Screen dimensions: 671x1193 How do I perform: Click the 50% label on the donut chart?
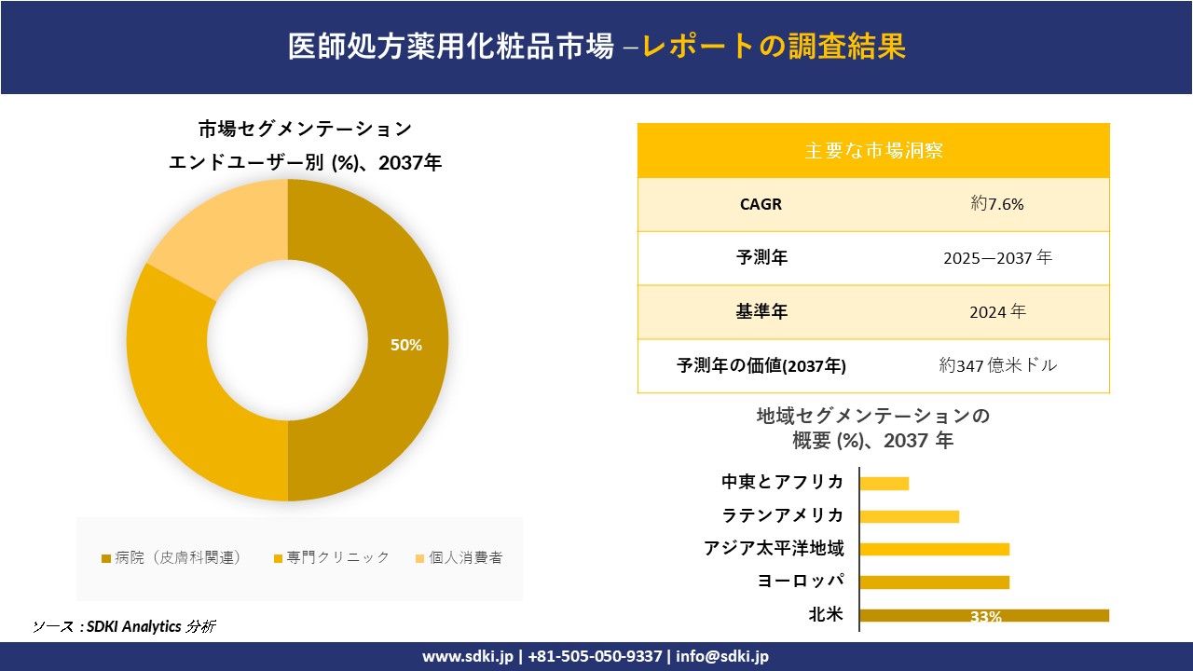click(x=406, y=345)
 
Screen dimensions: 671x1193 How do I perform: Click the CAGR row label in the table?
click(x=761, y=204)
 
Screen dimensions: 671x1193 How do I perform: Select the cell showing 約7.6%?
click(x=997, y=204)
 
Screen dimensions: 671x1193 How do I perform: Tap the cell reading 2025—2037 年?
click(x=997, y=258)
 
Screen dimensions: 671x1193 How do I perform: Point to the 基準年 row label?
click(x=761, y=312)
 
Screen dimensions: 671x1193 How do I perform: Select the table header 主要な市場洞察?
click(x=873, y=150)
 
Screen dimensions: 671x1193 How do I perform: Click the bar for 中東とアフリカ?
click(x=884, y=483)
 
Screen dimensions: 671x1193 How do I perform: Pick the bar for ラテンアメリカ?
click(x=909, y=516)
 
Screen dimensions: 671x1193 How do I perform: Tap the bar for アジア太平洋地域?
click(x=934, y=549)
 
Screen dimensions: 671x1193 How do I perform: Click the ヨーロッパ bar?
click(x=934, y=582)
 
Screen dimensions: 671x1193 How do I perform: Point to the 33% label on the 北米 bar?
click(x=985, y=616)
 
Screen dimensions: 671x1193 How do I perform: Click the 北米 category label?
click(x=826, y=614)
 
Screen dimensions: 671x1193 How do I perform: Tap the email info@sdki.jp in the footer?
click(x=724, y=656)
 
